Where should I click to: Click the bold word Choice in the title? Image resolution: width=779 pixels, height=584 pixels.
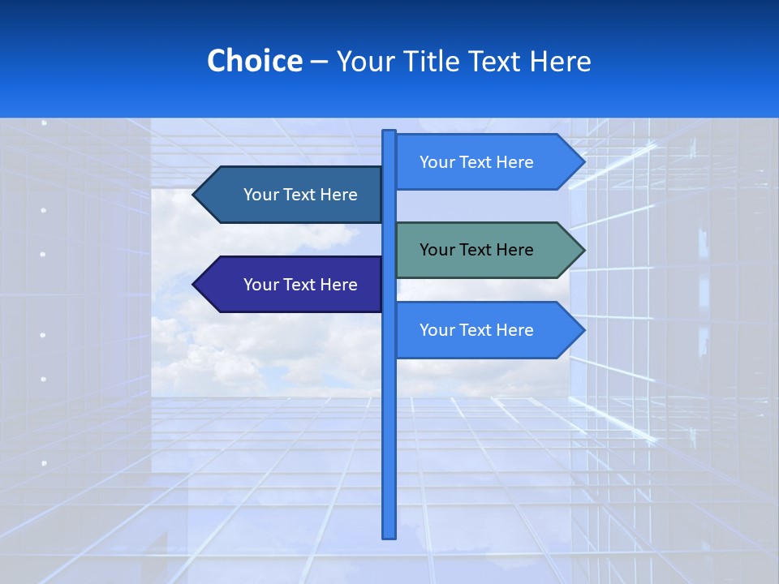tap(254, 61)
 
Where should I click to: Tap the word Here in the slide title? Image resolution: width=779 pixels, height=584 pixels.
tap(560, 61)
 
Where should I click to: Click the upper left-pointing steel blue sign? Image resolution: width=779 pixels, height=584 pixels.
tap(292, 195)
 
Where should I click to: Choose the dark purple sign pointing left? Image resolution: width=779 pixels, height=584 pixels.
tap(292, 285)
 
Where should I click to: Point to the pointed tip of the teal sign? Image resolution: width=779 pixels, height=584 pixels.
tap(583, 250)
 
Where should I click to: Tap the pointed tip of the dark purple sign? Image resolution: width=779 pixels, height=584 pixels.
tap(195, 285)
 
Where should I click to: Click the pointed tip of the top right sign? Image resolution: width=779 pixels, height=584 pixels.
tap(583, 162)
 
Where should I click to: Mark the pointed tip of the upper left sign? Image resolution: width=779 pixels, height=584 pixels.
tap(195, 195)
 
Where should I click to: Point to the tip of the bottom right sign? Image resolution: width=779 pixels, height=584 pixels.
tap(583, 330)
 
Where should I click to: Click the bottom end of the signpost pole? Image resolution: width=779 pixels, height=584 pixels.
tap(389, 535)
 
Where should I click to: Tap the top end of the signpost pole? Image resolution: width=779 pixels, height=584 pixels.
tap(389, 132)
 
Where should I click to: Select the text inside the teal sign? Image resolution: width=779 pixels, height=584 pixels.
tap(476, 250)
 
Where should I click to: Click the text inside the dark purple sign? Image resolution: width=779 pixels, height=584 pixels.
tap(300, 285)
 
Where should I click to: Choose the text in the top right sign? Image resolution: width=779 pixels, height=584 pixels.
tap(476, 162)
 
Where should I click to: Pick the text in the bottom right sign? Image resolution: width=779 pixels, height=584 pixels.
tap(476, 330)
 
